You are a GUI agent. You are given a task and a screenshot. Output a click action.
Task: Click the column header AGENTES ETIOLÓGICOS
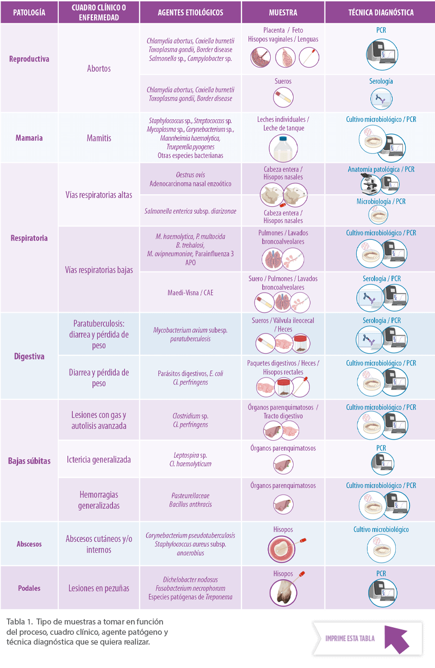click(x=190, y=13)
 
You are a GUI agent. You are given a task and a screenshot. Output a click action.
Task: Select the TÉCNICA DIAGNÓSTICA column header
click(x=381, y=13)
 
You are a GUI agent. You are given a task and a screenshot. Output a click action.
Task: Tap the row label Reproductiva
click(x=29, y=59)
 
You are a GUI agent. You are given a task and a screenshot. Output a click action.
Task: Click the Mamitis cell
click(x=99, y=138)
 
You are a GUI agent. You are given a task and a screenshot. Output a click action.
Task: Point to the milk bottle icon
click(x=283, y=147)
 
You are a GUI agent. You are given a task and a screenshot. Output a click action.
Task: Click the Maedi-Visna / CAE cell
click(x=190, y=293)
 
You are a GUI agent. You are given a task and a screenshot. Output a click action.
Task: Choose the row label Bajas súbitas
click(x=29, y=461)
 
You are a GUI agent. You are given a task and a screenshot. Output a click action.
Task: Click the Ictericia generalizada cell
click(x=98, y=460)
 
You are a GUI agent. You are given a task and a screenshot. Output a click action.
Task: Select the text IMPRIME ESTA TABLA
click(x=350, y=639)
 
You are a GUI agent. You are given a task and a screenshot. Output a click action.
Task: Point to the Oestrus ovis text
click(x=190, y=175)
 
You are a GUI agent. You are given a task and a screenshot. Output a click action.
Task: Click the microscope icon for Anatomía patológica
click(x=370, y=183)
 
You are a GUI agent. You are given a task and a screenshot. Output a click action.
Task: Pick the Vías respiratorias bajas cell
click(x=99, y=270)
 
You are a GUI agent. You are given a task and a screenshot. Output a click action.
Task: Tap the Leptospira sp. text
click(x=190, y=455)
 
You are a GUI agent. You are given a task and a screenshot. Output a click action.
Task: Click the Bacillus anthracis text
click(x=190, y=504)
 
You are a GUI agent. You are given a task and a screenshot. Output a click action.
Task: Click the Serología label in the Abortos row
click(x=381, y=81)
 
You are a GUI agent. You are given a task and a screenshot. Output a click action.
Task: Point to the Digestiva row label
click(x=29, y=356)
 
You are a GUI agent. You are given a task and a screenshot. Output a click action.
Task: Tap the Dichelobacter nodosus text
click(x=190, y=579)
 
